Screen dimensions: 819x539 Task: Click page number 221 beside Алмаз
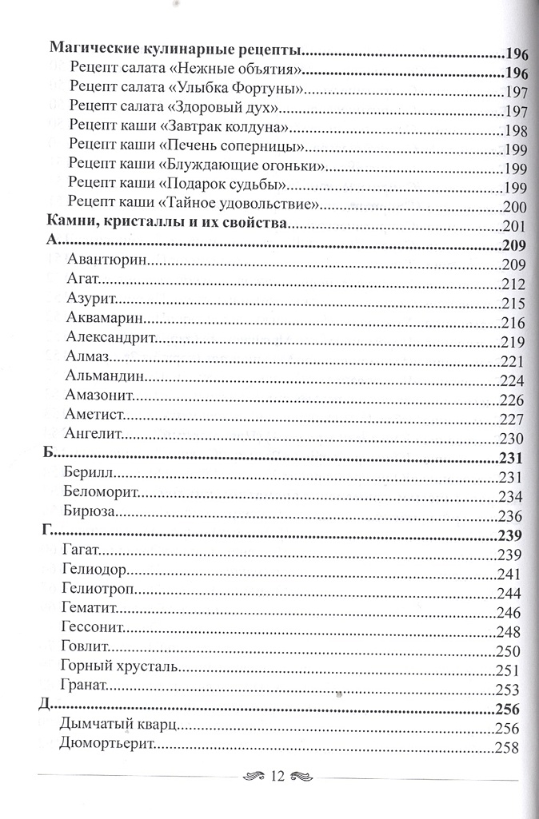pos(510,361)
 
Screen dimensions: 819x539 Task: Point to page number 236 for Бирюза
pos(509,515)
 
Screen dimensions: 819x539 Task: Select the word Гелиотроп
pos(98,591)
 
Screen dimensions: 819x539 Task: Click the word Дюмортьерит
pos(106,745)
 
